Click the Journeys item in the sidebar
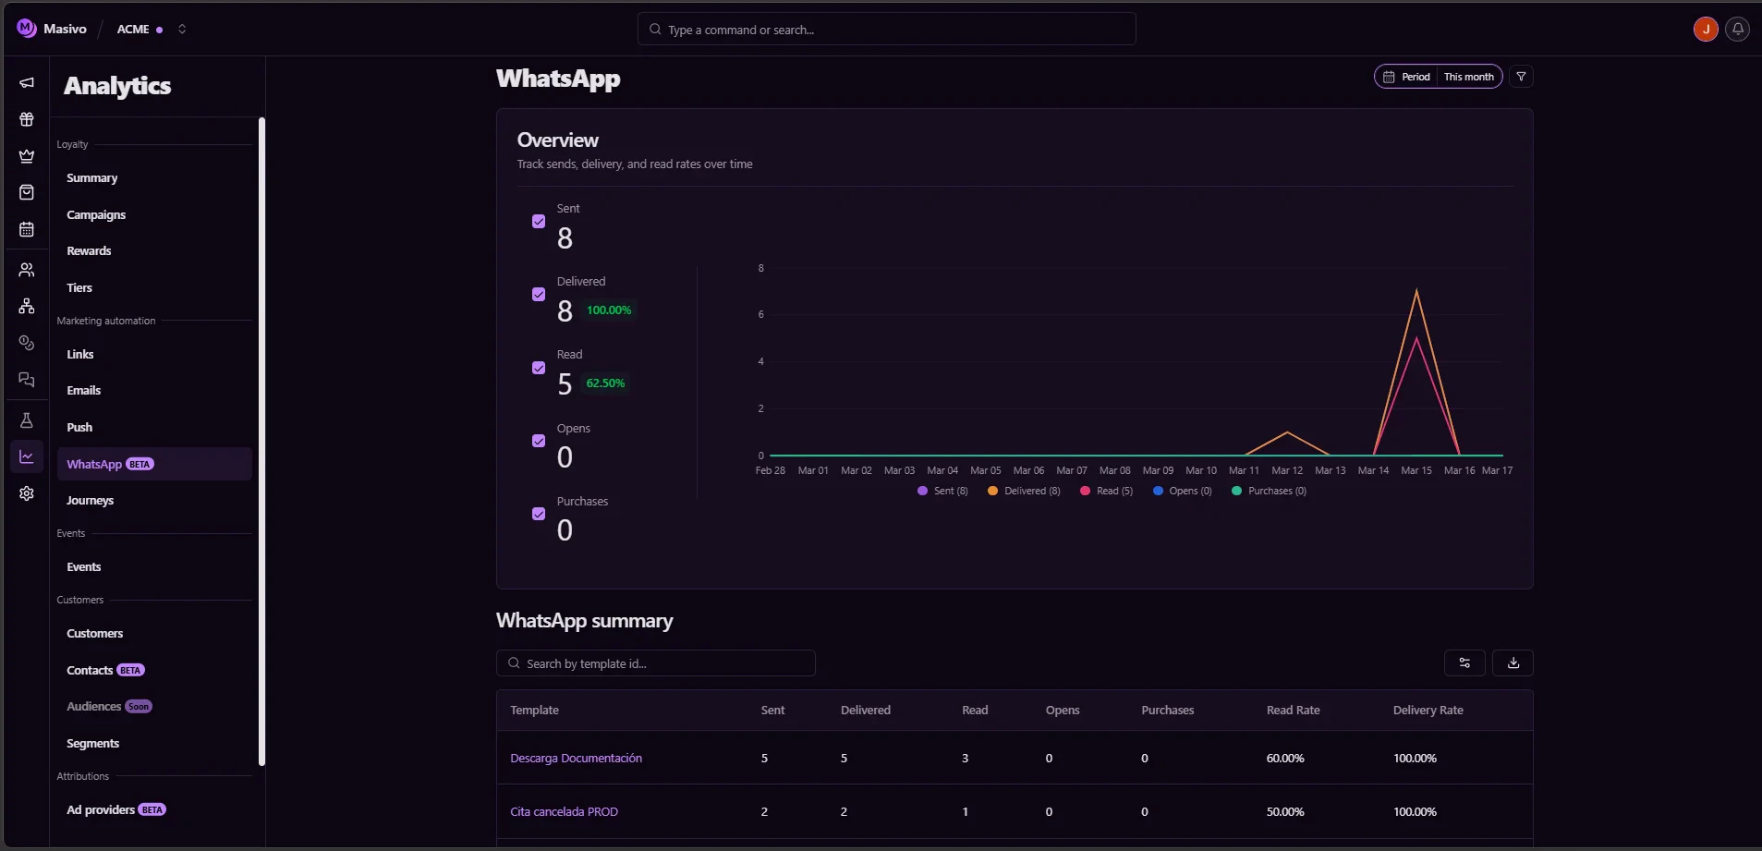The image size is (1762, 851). pos(91,501)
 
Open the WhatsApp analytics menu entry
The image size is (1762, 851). pos(95,464)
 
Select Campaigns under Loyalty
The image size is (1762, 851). pos(96,215)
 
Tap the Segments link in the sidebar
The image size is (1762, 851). pos(93,744)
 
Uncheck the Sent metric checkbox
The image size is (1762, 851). pos(539,222)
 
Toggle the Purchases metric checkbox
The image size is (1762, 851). pos(539,514)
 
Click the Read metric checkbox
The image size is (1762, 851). pos(539,368)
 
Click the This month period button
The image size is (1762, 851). pos(1468,77)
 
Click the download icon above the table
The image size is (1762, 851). pos(1513,663)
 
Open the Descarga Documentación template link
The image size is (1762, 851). pos(576,759)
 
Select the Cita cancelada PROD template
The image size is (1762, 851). pos(564,812)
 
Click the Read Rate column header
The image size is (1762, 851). pos(1293,711)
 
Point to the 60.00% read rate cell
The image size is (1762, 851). pos(1285,759)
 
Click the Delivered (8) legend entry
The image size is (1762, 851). pos(1024,492)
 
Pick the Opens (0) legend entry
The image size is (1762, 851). pos(1182,492)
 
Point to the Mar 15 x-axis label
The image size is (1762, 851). pos(1416,471)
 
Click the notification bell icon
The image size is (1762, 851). pos(1738,30)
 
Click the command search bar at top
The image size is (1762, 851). pos(886,30)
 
